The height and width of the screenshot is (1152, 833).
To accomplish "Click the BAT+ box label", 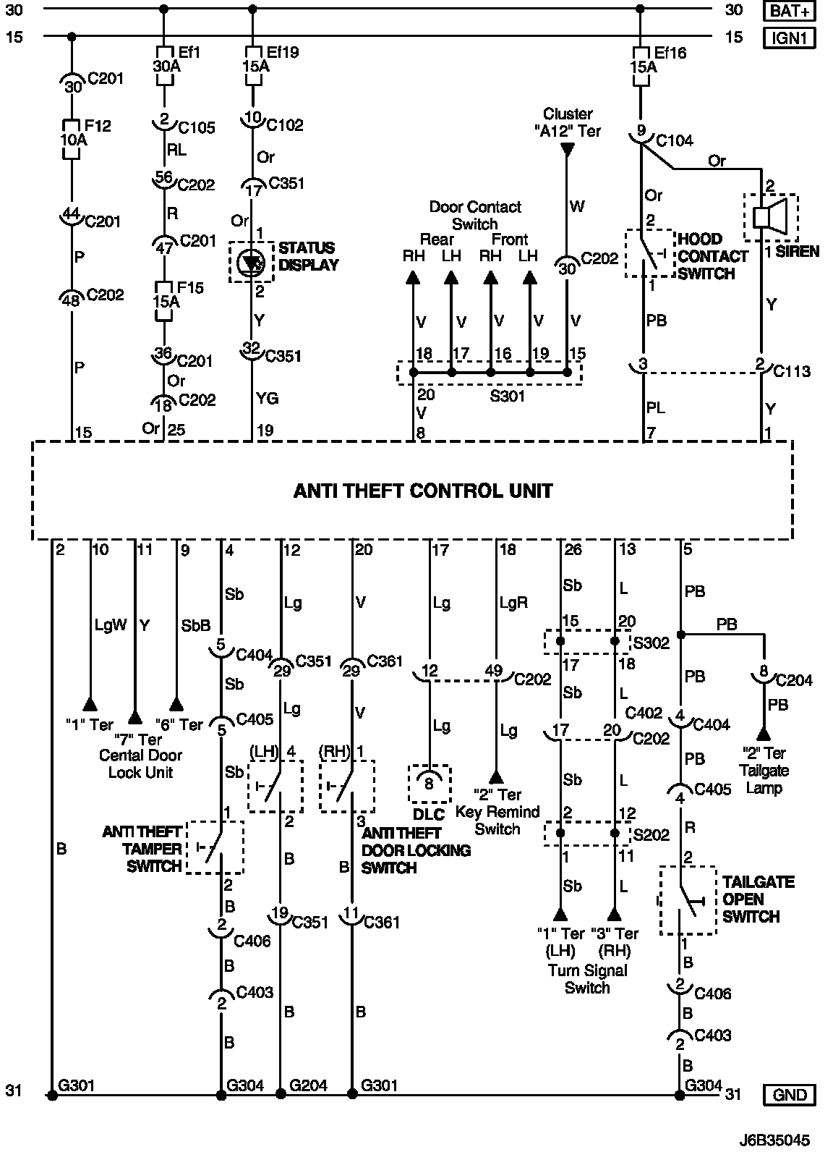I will coord(790,10).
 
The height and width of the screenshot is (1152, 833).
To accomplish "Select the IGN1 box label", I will coord(790,37).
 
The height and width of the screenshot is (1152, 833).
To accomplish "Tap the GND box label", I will coord(790,1095).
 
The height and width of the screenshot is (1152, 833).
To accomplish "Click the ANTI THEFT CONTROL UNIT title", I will coord(422,491).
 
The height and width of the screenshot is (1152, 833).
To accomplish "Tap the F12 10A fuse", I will coord(72,137).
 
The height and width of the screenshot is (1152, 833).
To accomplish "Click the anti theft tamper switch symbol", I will coord(215,847).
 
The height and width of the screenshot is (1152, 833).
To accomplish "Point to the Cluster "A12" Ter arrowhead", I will coord(568,150).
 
